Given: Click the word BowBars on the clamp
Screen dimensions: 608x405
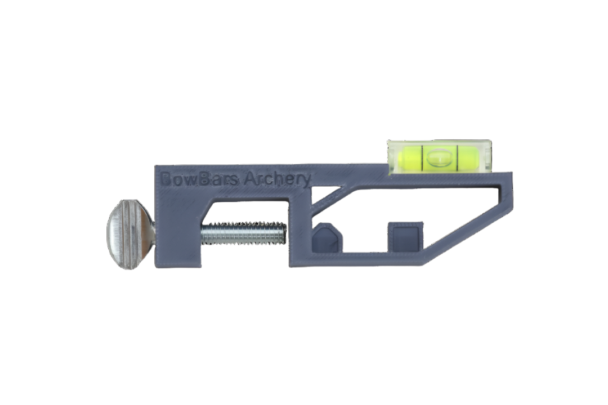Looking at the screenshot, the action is [199, 179].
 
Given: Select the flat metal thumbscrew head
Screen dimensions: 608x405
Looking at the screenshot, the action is [131, 235].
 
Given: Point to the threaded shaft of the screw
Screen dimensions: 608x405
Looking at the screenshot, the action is [244, 233].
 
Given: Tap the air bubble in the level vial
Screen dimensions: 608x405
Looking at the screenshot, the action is [439, 157].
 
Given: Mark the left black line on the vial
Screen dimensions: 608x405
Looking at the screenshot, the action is [421, 157].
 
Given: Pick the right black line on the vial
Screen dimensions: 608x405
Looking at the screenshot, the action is [457, 157].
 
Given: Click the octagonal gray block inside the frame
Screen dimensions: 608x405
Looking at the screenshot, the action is [328, 237].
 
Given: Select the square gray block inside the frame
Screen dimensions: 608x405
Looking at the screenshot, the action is [405, 237].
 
